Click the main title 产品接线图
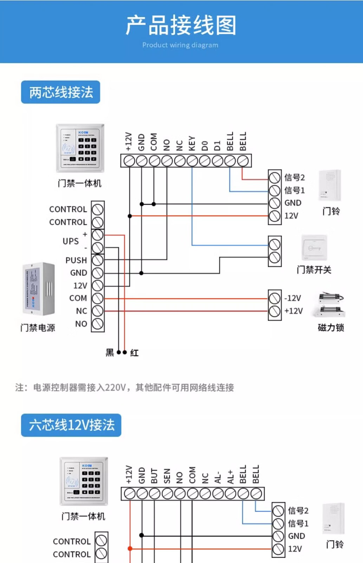coord(181,25)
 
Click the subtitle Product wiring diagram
coord(180,45)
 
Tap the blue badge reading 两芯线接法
coord(60,92)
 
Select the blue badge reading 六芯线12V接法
coord(71,425)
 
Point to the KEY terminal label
coord(192,143)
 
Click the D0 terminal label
coord(205,145)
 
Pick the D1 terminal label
coord(217,145)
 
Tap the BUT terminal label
coord(154,476)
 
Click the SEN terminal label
coord(167,476)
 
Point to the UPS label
coord(71,241)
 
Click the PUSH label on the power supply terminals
coord(76,260)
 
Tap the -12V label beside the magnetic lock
coord(293,298)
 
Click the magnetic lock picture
coord(331,304)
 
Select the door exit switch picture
coord(314,248)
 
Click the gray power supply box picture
coord(39,289)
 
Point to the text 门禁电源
coord(38,328)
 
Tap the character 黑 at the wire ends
coord(110,353)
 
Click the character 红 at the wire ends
coord(134,353)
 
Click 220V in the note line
coord(115,388)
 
